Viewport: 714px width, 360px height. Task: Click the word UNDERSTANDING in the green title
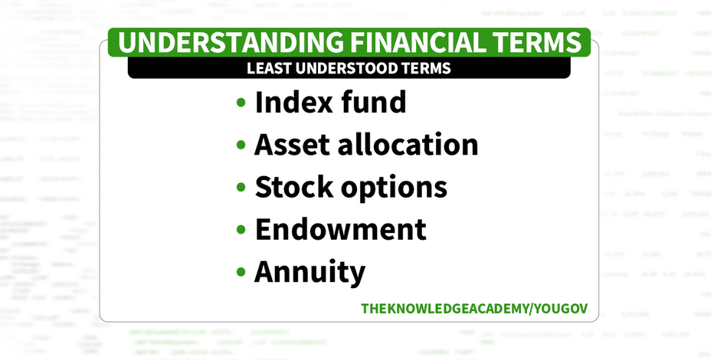[x=230, y=42]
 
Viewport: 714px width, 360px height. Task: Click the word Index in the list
[x=293, y=102]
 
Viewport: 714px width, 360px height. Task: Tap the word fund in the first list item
[x=373, y=102]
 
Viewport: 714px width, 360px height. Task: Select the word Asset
[x=291, y=145]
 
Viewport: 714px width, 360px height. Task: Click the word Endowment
[x=341, y=229]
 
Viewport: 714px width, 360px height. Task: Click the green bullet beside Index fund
[x=241, y=102]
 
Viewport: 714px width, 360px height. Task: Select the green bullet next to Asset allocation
[x=241, y=145]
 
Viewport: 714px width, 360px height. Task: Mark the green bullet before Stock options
[x=241, y=187]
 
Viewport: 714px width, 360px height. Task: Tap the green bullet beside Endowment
[x=241, y=229]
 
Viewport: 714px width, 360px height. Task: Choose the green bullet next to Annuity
[x=241, y=272]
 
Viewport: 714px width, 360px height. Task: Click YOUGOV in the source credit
[x=561, y=309]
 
